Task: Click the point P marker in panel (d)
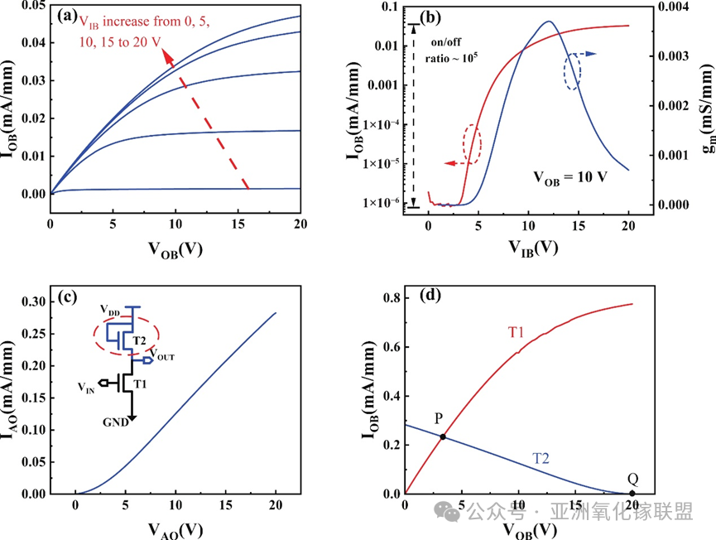click(443, 436)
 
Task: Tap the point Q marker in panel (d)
click(632, 494)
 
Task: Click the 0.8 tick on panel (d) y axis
click(388, 298)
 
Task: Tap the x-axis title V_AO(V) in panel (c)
click(175, 527)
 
